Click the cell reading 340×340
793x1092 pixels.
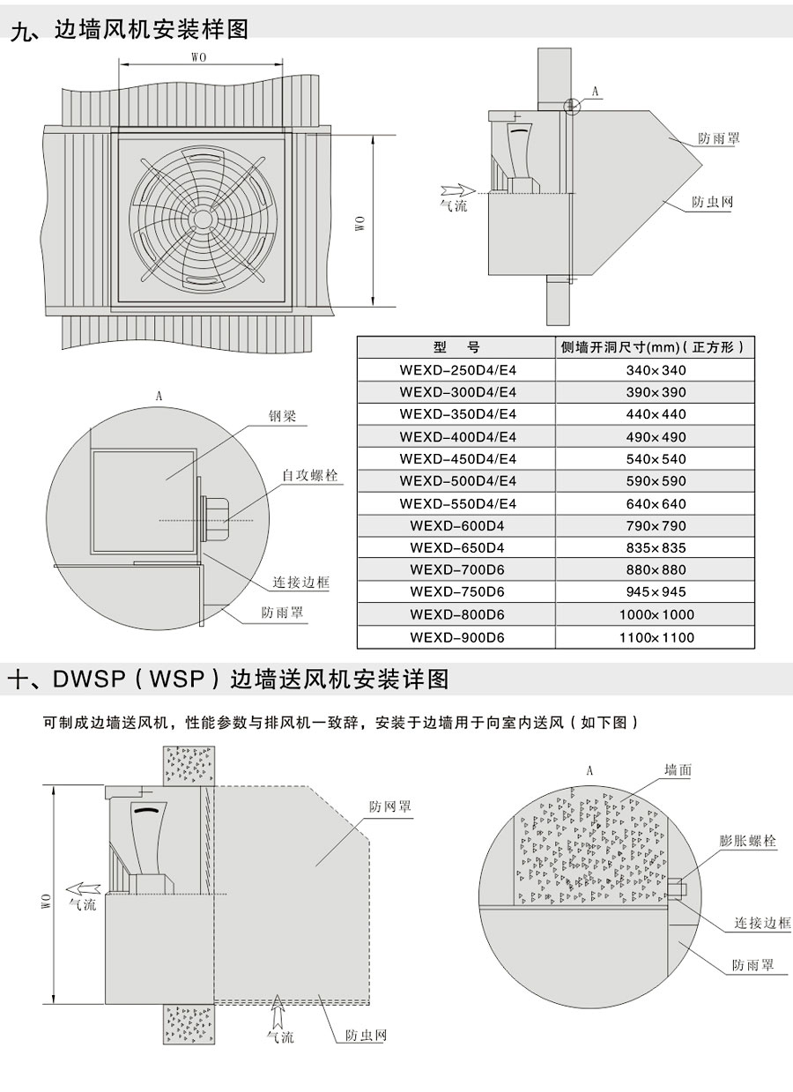click(656, 370)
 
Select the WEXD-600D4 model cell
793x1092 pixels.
click(456, 526)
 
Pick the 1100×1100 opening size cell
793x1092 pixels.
click(656, 637)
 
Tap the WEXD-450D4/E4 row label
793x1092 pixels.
click(457, 459)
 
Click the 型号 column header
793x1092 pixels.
click(456, 347)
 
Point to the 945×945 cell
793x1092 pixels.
click(656, 592)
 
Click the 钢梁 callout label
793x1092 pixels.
click(282, 416)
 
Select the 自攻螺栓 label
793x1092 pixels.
click(310, 475)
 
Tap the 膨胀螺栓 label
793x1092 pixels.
click(747, 841)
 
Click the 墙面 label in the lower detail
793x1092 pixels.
click(678, 770)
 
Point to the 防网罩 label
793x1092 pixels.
click(390, 806)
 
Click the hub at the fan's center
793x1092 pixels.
click(201, 219)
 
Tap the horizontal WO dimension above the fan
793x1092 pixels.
click(201, 64)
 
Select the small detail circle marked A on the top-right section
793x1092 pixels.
click(572, 106)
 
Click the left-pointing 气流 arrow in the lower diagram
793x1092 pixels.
click(84, 888)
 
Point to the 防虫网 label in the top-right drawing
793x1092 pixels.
click(712, 202)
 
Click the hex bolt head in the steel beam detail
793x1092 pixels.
click(214, 519)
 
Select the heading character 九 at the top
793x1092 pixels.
click(22, 31)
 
